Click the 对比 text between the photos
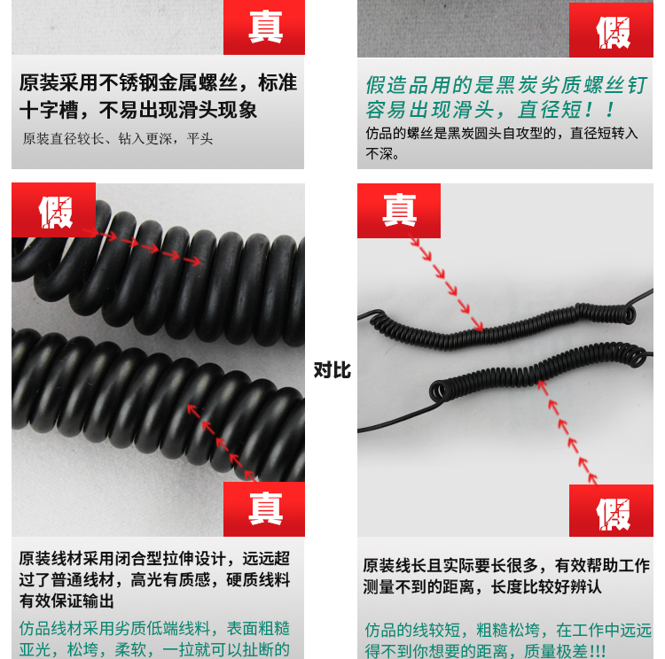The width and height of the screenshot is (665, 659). [x=332, y=370]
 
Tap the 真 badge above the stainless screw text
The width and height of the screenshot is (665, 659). [x=264, y=27]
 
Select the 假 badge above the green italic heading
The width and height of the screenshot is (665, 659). [x=611, y=29]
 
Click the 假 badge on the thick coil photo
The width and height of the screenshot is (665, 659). [x=54, y=210]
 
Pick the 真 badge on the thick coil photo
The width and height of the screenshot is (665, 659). [x=264, y=509]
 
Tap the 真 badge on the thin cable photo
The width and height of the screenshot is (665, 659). [x=399, y=211]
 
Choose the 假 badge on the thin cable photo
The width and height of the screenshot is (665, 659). [x=611, y=511]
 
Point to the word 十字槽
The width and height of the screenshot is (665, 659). [x=49, y=110]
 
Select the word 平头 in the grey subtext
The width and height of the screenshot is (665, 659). [x=199, y=138]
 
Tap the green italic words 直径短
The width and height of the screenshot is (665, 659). [x=549, y=110]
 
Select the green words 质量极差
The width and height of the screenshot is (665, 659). [x=556, y=650]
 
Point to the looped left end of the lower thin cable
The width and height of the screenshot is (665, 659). [x=438, y=390]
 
